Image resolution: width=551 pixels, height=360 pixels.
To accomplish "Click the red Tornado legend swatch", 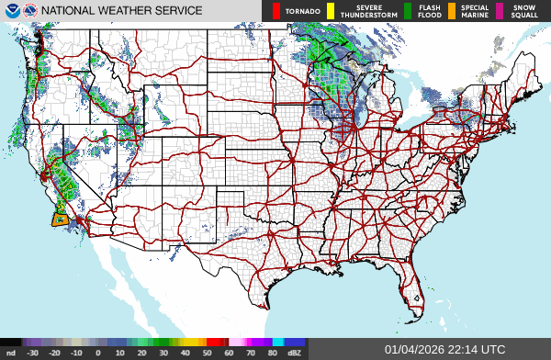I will (x=276, y=11).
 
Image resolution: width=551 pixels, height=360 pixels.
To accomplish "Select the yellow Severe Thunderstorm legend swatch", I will (x=331, y=11).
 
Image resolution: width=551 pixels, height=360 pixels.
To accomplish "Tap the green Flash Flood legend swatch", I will (x=408, y=11).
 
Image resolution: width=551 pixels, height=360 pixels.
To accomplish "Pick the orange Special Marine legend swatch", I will (x=452, y=11).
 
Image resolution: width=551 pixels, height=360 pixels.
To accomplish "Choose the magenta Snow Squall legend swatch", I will (x=500, y=11).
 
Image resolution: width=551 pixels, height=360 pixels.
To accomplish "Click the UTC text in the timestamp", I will (x=491, y=349).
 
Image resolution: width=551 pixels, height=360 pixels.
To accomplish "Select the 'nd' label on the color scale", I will (x=11, y=353).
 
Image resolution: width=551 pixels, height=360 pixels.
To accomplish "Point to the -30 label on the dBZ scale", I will (x=33, y=353).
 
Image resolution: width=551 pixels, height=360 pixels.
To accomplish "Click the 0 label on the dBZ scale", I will (x=98, y=353).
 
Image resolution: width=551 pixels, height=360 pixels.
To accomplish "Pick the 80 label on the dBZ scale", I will (x=273, y=353).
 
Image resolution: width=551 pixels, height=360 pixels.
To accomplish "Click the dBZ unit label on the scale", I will (x=295, y=353).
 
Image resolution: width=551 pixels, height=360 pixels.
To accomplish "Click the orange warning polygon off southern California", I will (x=60, y=219).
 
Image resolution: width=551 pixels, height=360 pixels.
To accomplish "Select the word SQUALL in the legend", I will (x=523, y=16).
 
